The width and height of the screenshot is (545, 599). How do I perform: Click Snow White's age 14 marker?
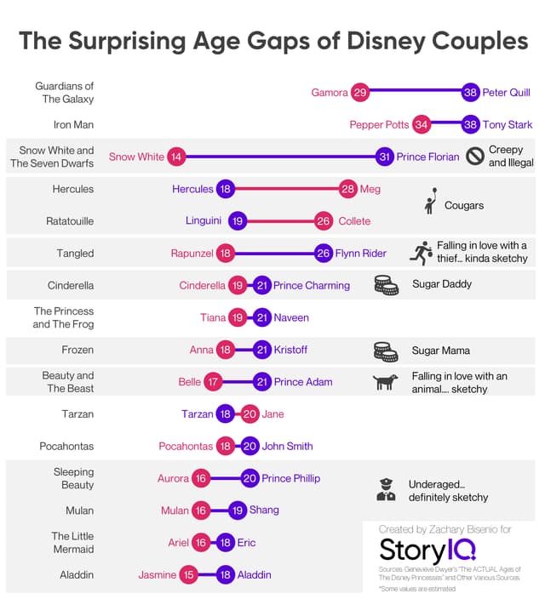[176, 157]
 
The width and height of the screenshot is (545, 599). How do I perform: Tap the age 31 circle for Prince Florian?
[385, 157]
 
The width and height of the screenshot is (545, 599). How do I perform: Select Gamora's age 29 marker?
[359, 92]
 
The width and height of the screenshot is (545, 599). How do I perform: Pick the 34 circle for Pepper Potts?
[421, 124]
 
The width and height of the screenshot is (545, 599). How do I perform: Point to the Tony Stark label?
[508, 124]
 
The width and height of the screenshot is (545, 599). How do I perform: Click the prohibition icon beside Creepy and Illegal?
[475, 157]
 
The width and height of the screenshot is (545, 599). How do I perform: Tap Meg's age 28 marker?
[347, 189]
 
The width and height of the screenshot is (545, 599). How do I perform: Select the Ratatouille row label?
[70, 221]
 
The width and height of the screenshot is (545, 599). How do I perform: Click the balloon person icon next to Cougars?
[432, 202]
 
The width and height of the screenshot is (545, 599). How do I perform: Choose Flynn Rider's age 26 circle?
[323, 254]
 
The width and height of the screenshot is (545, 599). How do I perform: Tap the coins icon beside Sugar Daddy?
[386, 285]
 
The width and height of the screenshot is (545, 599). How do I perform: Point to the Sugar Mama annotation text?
[440, 350]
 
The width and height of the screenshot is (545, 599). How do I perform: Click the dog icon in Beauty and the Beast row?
[386, 382]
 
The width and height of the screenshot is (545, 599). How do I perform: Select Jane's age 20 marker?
[250, 414]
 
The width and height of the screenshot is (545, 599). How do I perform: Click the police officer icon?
[386, 489]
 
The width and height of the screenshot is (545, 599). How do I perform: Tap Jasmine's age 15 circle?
[188, 575]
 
